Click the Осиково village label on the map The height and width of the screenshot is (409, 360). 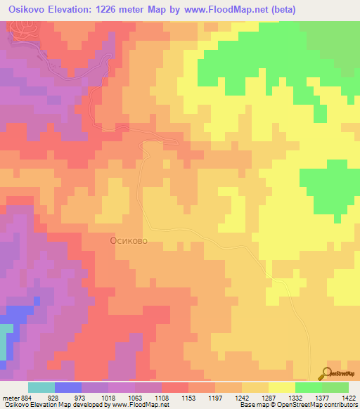tap(129, 240)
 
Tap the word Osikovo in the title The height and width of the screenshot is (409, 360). tap(30, 10)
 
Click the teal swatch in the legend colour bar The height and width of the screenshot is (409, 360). tap(41, 387)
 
